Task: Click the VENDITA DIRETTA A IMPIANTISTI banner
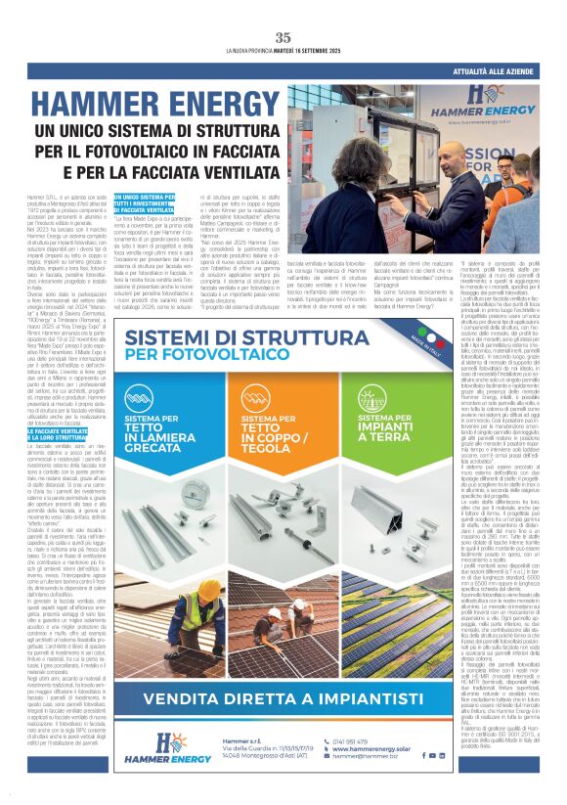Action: coord(283,699)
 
